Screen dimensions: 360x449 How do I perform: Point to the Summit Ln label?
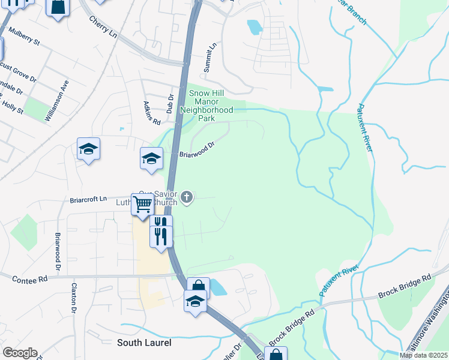[209, 58]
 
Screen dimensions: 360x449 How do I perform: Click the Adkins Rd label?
[152, 112]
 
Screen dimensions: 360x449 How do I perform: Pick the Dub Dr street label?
[170, 103]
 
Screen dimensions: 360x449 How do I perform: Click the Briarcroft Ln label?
[88, 199]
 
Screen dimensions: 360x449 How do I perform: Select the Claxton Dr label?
[75, 298]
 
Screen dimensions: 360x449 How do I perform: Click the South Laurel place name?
[144, 343]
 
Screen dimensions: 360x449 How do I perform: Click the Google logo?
[19, 353]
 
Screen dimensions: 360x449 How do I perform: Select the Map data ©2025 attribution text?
[423, 355]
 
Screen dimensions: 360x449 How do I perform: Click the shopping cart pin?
[143, 204]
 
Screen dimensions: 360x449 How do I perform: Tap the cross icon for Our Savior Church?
[187, 197]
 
